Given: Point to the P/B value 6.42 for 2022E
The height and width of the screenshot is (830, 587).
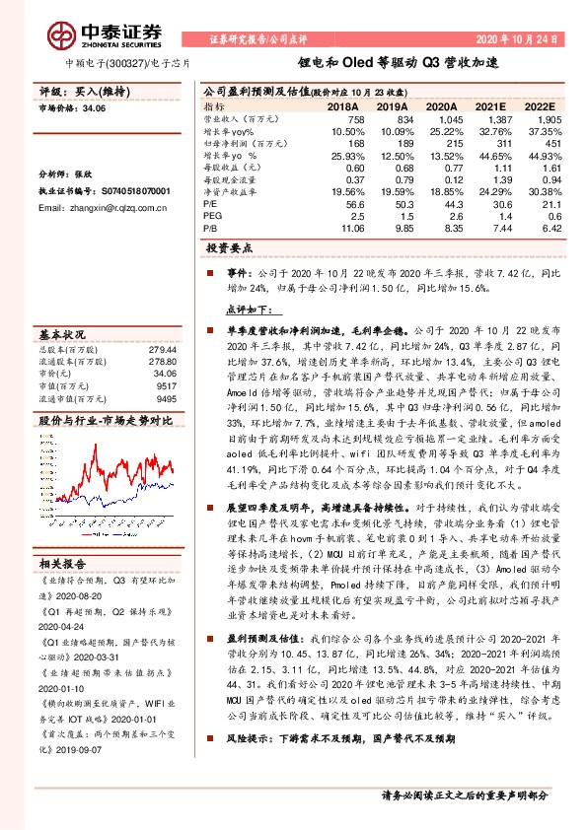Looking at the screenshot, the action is tap(548, 227).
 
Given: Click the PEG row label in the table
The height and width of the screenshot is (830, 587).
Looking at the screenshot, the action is tap(212, 216).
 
